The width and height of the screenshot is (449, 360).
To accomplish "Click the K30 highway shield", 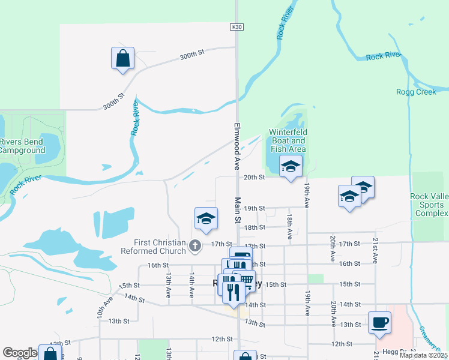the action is pos(236,27).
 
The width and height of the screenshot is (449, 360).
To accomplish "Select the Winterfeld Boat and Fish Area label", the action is pos(288,140).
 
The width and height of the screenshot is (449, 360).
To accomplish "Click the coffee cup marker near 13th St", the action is pos(379,323).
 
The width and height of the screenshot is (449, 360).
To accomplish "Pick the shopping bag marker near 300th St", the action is pos(122,59).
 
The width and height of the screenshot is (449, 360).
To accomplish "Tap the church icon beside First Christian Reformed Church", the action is pos(194,245).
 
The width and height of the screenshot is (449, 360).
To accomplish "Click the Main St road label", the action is pos(237,211).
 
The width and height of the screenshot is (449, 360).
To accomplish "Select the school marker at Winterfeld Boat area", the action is pos(291,167).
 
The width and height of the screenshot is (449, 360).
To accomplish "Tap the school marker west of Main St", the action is pos(205,219).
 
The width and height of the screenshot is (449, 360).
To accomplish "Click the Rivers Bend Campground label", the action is pos(23,146).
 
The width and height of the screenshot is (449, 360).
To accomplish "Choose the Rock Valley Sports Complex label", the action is pos(429,205).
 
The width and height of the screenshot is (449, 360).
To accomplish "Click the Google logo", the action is pos(20,353).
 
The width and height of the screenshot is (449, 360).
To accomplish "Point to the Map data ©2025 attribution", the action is pos(423,355).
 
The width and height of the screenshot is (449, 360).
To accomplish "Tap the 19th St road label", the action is pos(255,208).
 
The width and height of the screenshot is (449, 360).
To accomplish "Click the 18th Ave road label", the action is pos(289,227).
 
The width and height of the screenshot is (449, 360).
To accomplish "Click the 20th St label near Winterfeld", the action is pos(255,178).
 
